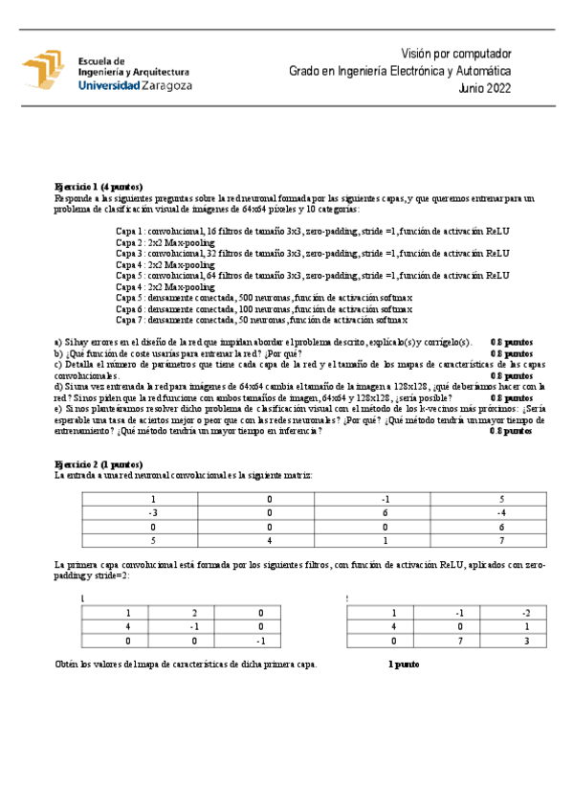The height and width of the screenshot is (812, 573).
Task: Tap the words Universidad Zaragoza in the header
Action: (x=134, y=85)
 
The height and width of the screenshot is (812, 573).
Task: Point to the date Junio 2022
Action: (x=484, y=87)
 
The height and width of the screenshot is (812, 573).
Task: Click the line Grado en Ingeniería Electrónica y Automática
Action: (x=400, y=71)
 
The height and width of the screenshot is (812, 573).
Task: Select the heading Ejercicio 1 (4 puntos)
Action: (x=99, y=187)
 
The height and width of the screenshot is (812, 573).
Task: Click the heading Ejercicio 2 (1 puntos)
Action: (x=99, y=463)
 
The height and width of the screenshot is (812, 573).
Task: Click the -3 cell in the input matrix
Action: (x=153, y=512)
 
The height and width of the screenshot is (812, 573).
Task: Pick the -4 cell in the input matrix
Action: (x=500, y=512)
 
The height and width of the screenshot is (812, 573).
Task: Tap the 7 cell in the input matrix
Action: (x=500, y=539)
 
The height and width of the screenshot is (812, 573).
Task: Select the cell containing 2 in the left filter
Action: (x=193, y=613)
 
